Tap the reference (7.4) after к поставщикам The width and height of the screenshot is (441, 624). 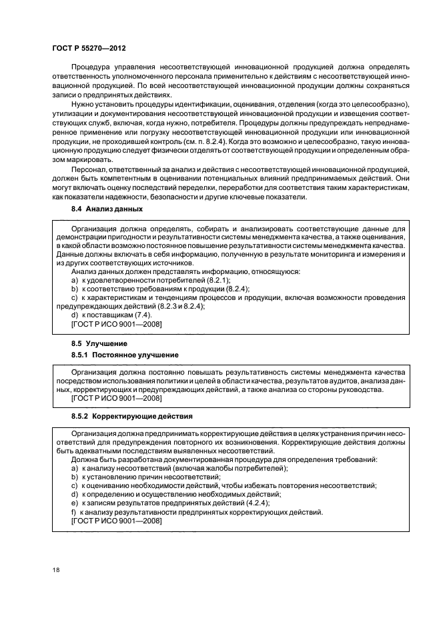139,315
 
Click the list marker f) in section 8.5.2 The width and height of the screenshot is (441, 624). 73,512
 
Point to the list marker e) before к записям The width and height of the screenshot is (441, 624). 73,503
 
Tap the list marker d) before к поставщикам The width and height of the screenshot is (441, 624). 73,315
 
